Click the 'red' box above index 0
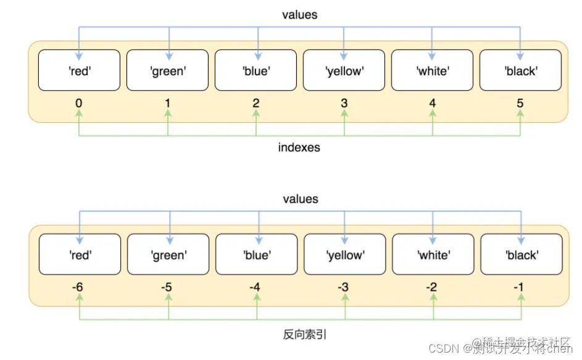pyautogui.click(x=79, y=71)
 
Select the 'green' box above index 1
pyautogui.click(x=168, y=71)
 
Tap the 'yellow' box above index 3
pyautogui.click(x=344, y=71)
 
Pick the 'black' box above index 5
pyautogui.click(x=521, y=71)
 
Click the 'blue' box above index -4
pyautogui.click(x=256, y=254)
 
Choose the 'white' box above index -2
pyautogui.click(x=433, y=254)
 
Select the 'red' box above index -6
pyautogui.click(x=80, y=254)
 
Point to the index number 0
pyautogui.click(x=79, y=103)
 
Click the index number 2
pyautogui.click(x=256, y=103)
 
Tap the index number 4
pyautogui.click(x=433, y=103)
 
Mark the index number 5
pyautogui.click(x=520, y=103)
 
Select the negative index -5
pyautogui.click(x=168, y=287)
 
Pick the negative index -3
pyautogui.click(x=344, y=287)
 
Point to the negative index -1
pyautogui.click(x=521, y=287)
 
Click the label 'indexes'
pyautogui.click(x=299, y=148)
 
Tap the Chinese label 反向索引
pyautogui.click(x=300, y=334)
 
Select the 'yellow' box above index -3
pyautogui.click(x=345, y=254)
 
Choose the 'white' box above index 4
pyautogui.click(x=433, y=71)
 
